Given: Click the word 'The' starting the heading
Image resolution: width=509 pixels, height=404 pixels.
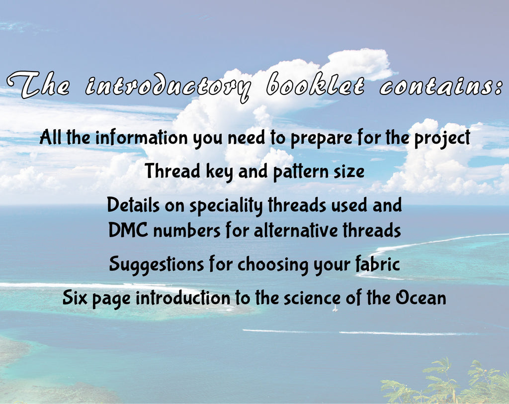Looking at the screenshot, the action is point(38,84).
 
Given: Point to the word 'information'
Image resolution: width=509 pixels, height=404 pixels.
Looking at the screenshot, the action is point(142,137).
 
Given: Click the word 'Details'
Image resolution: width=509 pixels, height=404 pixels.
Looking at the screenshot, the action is point(133,205).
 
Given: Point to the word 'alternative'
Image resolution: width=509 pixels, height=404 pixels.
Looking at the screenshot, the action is point(296,230).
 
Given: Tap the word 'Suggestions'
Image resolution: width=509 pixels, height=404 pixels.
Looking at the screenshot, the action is point(157,264).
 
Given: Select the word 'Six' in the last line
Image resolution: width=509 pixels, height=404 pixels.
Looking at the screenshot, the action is point(75,298).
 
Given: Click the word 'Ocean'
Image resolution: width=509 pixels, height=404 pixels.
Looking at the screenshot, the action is point(421,298).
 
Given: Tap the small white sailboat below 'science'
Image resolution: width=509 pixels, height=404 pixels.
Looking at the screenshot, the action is point(336,309).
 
